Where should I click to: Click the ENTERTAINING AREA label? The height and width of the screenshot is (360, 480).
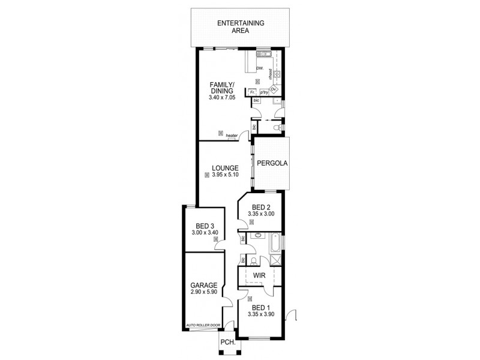click(x=240, y=27)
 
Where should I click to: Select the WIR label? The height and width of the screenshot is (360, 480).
click(x=259, y=275)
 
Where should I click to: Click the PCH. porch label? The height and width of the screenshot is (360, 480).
click(x=227, y=343)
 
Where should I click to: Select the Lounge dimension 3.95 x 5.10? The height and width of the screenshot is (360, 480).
click(x=223, y=175)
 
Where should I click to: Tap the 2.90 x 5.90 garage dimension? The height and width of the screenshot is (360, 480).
click(x=203, y=293)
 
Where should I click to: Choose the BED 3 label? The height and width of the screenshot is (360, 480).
click(x=205, y=227)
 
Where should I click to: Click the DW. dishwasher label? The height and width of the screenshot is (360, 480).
click(x=260, y=68)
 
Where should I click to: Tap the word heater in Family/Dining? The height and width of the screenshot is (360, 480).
click(x=232, y=136)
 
